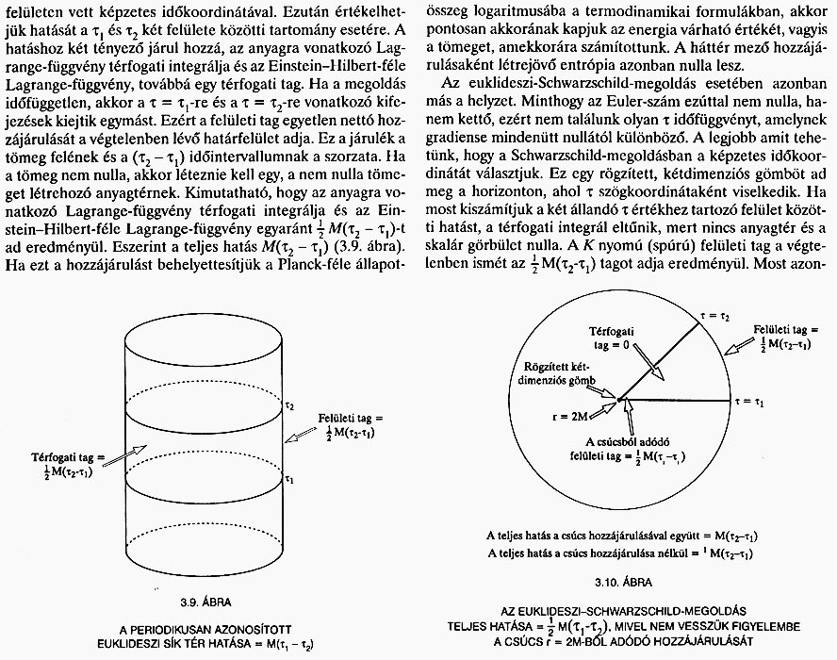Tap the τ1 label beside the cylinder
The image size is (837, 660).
pos(289,480)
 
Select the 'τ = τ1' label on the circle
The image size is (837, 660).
pos(751,403)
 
